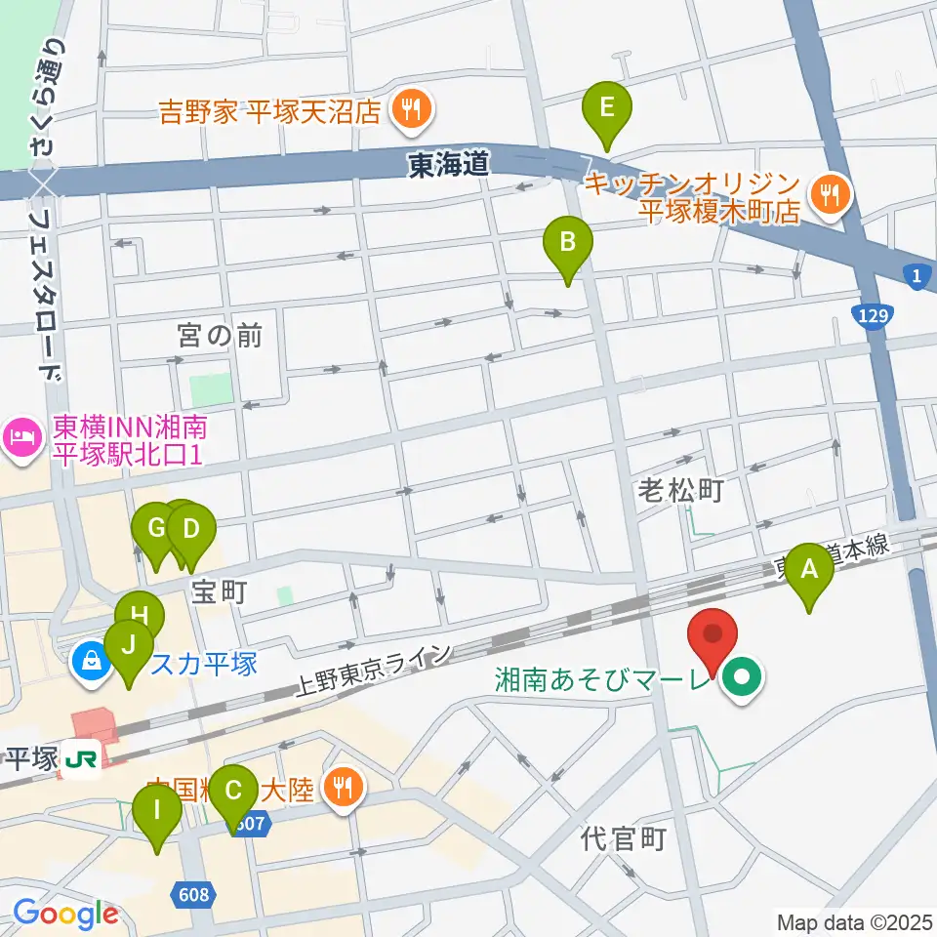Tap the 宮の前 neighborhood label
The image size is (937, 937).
coord(221,336)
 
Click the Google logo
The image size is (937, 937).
coord(65,915)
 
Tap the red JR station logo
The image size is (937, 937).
coord(79,757)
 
